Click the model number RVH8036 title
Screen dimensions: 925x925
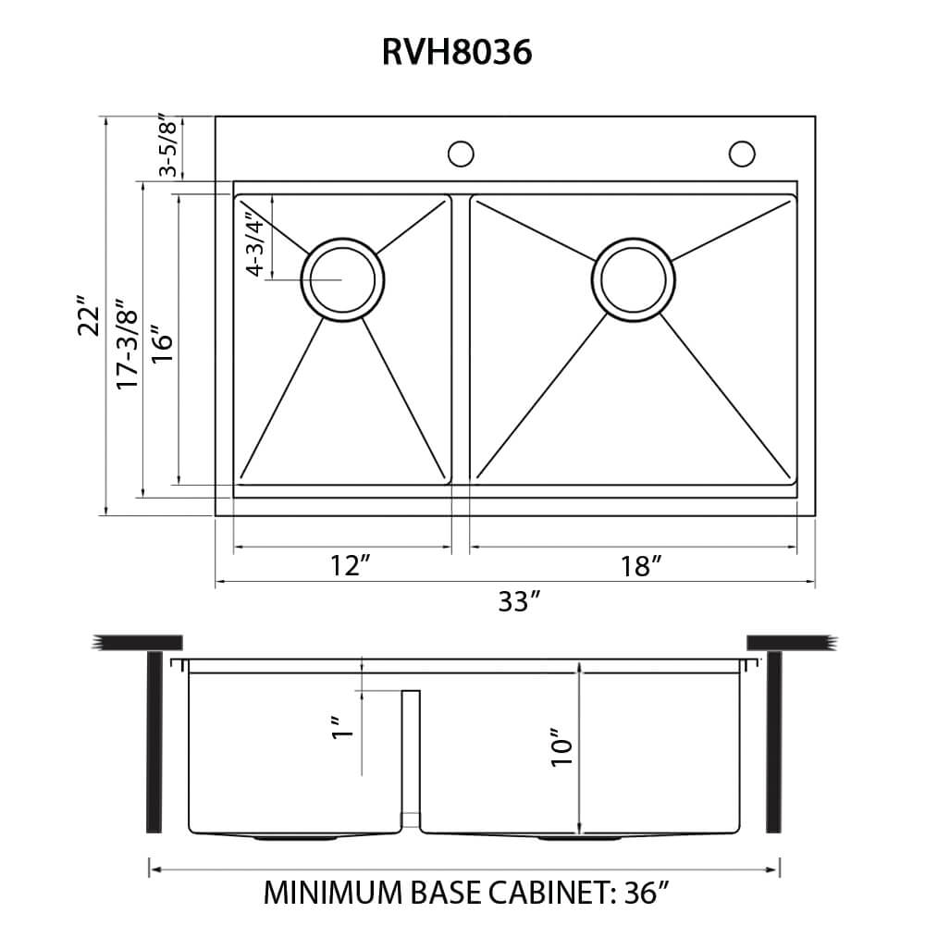pyautogui.click(x=457, y=53)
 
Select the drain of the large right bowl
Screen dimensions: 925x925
pyautogui.click(x=634, y=279)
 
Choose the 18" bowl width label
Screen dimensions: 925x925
pyautogui.click(x=638, y=566)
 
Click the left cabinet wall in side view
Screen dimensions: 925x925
pyautogui.click(x=154, y=740)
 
